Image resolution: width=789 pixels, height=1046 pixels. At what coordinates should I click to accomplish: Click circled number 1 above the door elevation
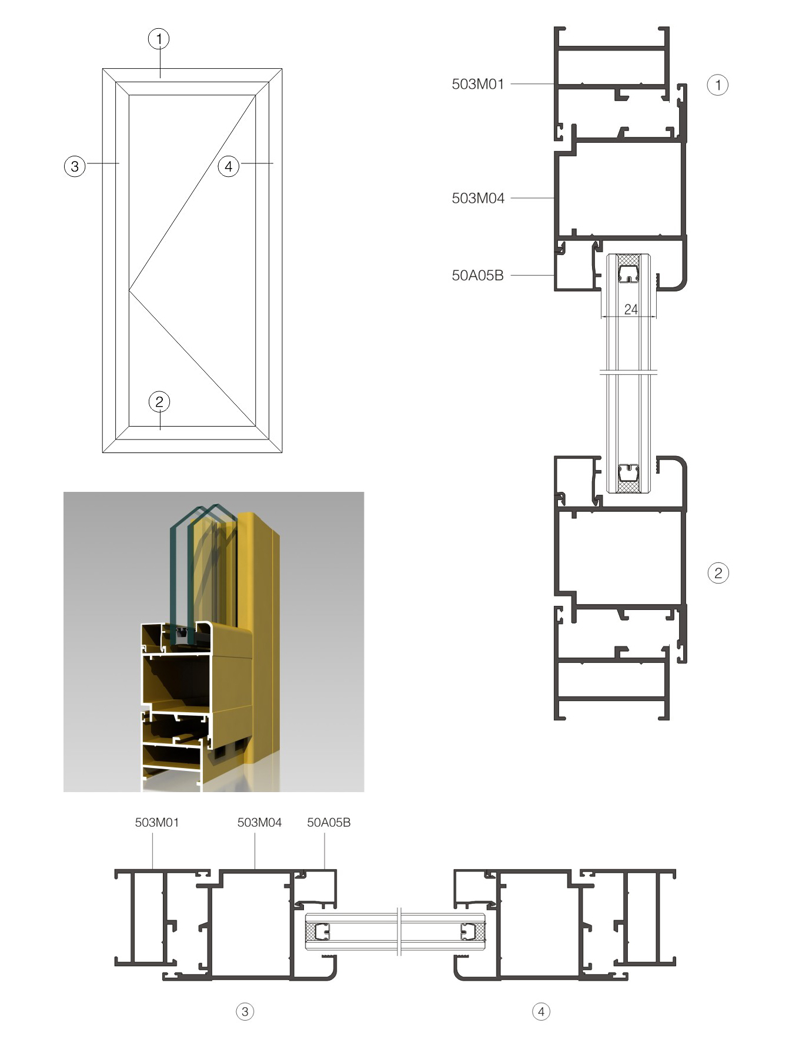pyautogui.click(x=159, y=39)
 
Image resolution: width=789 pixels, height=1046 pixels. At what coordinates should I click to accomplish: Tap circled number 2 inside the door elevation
pyautogui.click(x=159, y=402)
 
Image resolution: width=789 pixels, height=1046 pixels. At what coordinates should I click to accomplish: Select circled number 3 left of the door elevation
pyautogui.click(x=75, y=166)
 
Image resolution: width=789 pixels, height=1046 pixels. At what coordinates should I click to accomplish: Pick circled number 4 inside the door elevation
pyautogui.click(x=229, y=166)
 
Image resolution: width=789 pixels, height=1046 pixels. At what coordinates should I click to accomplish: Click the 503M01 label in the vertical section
pyautogui.click(x=478, y=84)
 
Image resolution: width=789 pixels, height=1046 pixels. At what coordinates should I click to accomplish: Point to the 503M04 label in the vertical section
pyautogui.click(x=478, y=198)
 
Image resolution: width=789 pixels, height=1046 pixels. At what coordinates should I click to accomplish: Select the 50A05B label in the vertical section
pyautogui.click(x=477, y=275)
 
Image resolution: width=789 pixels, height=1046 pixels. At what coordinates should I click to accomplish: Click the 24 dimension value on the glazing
pyautogui.click(x=631, y=309)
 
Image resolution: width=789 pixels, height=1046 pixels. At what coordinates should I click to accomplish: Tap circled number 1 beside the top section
pyautogui.click(x=717, y=85)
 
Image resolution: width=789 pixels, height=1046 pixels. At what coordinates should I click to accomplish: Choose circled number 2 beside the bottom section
pyautogui.click(x=718, y=573)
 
